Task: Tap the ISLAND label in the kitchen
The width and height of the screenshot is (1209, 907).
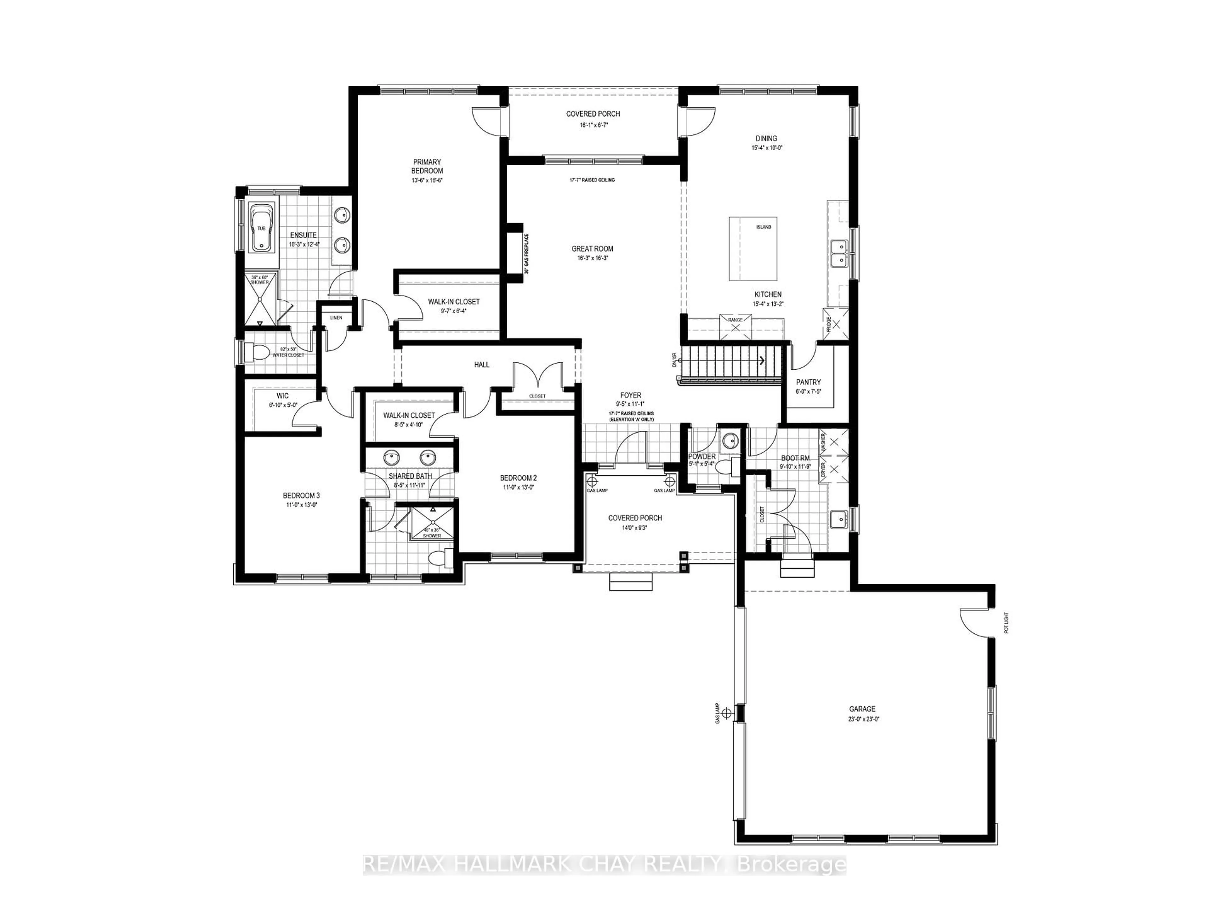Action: tap(763, 227)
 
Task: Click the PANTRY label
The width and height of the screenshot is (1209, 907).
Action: tap(808, 382)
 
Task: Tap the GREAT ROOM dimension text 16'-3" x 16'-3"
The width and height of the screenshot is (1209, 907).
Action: tap(593, 258)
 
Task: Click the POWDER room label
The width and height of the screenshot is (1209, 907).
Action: tap(702, 457)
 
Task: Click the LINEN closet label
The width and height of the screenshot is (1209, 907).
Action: tap(336, 318)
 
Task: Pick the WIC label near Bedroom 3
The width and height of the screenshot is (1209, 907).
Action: tap(283, 396)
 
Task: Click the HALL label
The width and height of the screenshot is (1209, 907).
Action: tap(481, 365)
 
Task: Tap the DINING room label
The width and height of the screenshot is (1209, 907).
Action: tap(766, 138)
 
